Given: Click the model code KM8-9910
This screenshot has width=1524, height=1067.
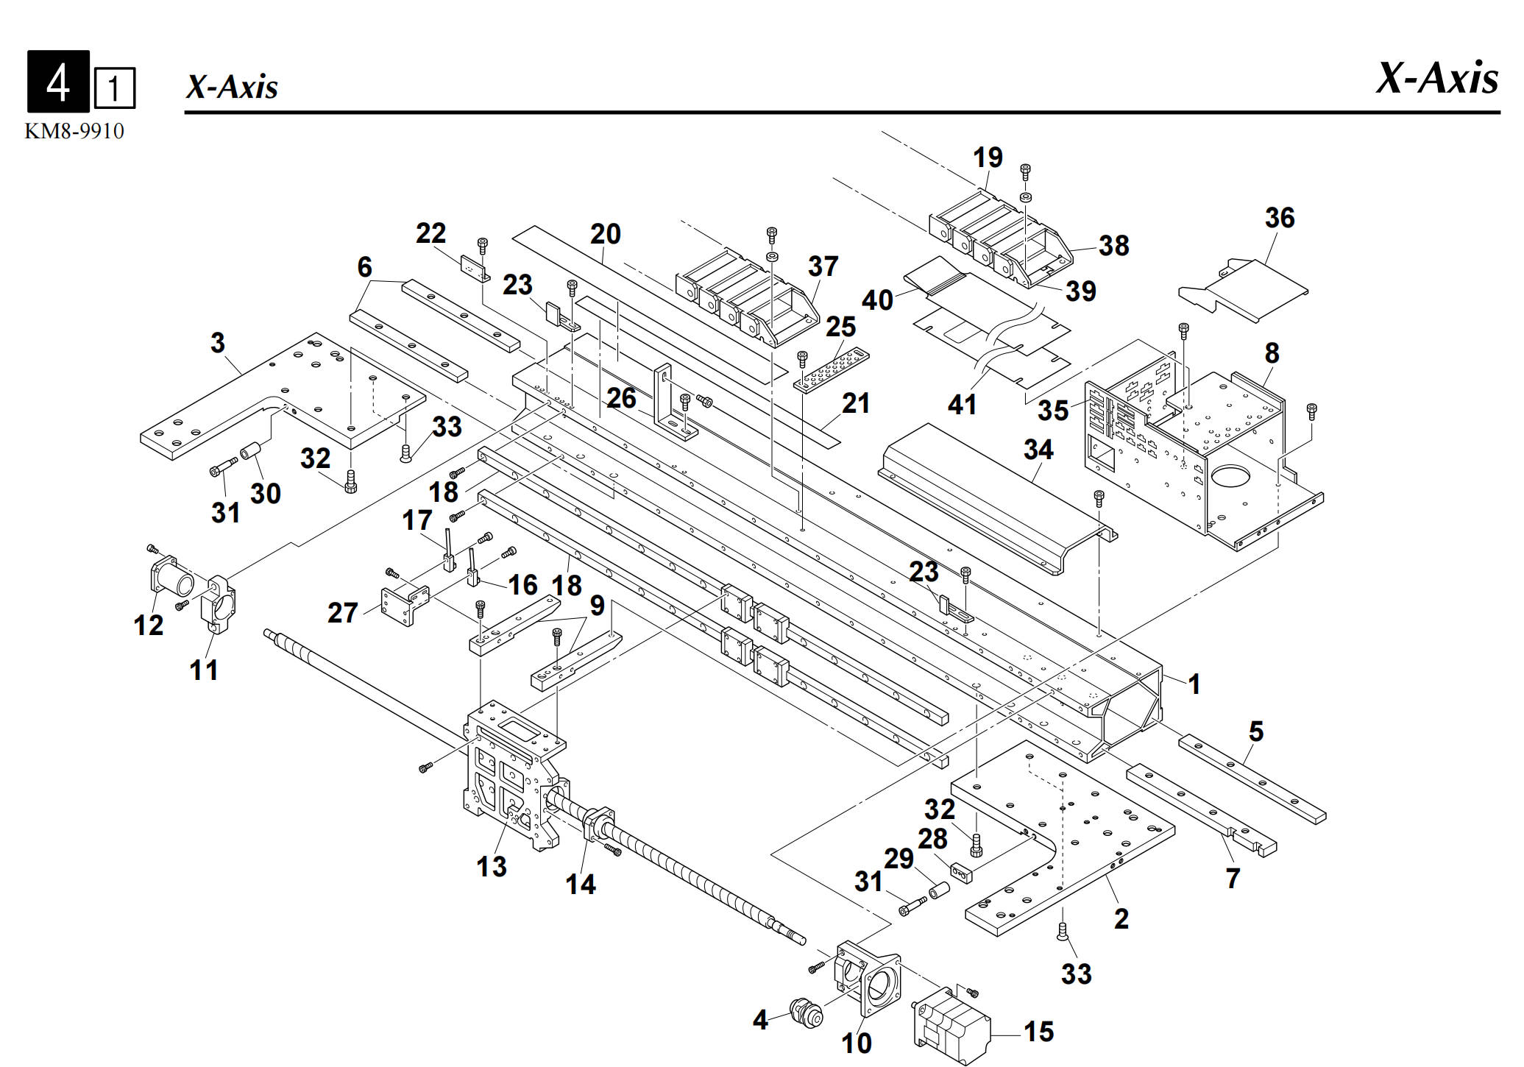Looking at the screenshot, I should coord(74,132).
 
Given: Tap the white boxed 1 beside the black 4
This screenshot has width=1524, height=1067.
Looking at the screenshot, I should coord(114,88).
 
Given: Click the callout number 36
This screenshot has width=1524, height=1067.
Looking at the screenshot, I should coord(1279,218).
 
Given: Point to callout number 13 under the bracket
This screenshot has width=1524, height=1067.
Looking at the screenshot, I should coord(491,866).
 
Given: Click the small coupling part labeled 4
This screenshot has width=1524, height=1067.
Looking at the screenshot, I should coord(805,1014).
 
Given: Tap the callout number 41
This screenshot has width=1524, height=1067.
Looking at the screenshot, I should coord(961,404).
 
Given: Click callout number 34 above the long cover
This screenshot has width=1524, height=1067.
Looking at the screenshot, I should coord(1038,450).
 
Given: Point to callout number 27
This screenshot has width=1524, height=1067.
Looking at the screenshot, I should coord(342,612).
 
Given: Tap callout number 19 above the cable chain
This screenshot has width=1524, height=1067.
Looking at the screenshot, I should coord(987,157).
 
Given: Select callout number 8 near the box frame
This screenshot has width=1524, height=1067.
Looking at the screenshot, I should coord(1272,353).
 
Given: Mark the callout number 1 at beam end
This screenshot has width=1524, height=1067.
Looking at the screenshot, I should coord(1194,684).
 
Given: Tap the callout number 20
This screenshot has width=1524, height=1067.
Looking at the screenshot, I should coord(605,234).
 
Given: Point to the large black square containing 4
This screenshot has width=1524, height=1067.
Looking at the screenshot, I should coord(58,82).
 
